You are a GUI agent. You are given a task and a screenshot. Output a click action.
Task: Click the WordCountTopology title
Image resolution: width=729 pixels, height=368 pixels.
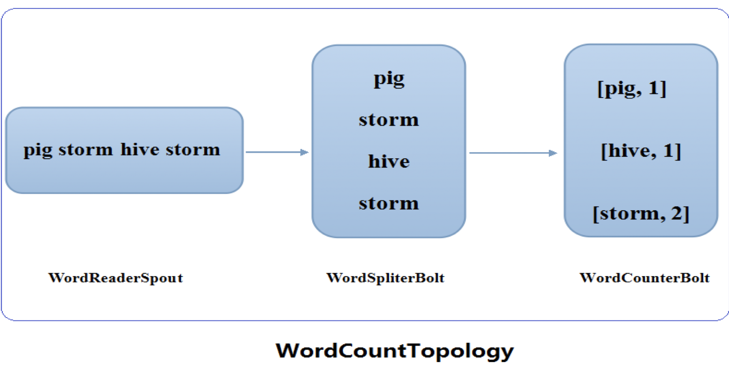(395, 350)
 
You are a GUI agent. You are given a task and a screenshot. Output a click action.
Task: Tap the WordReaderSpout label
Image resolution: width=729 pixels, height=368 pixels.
(115, 278)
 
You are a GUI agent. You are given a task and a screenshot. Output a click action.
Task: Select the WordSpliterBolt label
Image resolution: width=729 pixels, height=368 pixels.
(386, 278)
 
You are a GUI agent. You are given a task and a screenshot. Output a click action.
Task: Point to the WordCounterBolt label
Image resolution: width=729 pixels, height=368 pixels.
(644, 278)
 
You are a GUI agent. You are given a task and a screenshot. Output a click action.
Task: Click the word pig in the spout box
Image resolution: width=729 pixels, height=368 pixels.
(38, 150)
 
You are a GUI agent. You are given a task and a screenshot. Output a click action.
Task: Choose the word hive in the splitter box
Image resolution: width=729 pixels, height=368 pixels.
(389, 162)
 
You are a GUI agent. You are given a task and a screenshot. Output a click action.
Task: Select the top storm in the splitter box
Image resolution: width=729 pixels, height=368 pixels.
(389, 120)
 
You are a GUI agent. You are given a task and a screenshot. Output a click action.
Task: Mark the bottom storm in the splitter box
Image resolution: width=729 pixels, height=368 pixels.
(389, 204)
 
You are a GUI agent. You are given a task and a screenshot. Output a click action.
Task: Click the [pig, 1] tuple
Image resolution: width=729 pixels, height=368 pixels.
(632, 89)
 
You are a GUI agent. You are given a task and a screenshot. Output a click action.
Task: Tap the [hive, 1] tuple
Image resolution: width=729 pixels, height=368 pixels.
(641, 151)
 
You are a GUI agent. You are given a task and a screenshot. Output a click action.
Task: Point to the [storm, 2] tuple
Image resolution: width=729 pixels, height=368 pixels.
(641, 214)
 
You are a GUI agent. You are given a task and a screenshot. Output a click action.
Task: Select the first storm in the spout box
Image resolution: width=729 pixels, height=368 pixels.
(86, 150)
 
